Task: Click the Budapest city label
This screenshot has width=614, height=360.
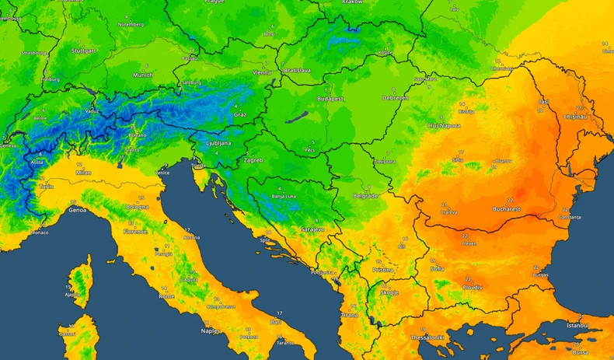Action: (x=330, y=100)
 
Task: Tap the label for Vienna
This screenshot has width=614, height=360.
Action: (x=262, y=72)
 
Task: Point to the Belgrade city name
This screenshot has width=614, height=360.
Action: (x=365, y=196)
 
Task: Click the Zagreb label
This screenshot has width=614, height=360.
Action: (x=253, y=160)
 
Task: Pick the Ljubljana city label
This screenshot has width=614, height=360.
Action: (x=217, y=144)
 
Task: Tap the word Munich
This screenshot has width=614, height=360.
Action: (x=142, y=75)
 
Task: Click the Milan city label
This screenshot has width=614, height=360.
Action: (x=84, y=173)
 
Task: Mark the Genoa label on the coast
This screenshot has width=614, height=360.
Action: (x=78, y=210)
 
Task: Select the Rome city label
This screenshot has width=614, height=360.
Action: (x=166, y=296)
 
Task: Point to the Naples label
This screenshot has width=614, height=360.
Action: (x=211, y=330)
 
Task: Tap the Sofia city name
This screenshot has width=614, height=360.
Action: (x=437, y=269)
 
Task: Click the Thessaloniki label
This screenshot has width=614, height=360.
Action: (x=427, y=337)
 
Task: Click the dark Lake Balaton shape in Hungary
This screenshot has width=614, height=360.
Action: (x=295, y=119)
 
